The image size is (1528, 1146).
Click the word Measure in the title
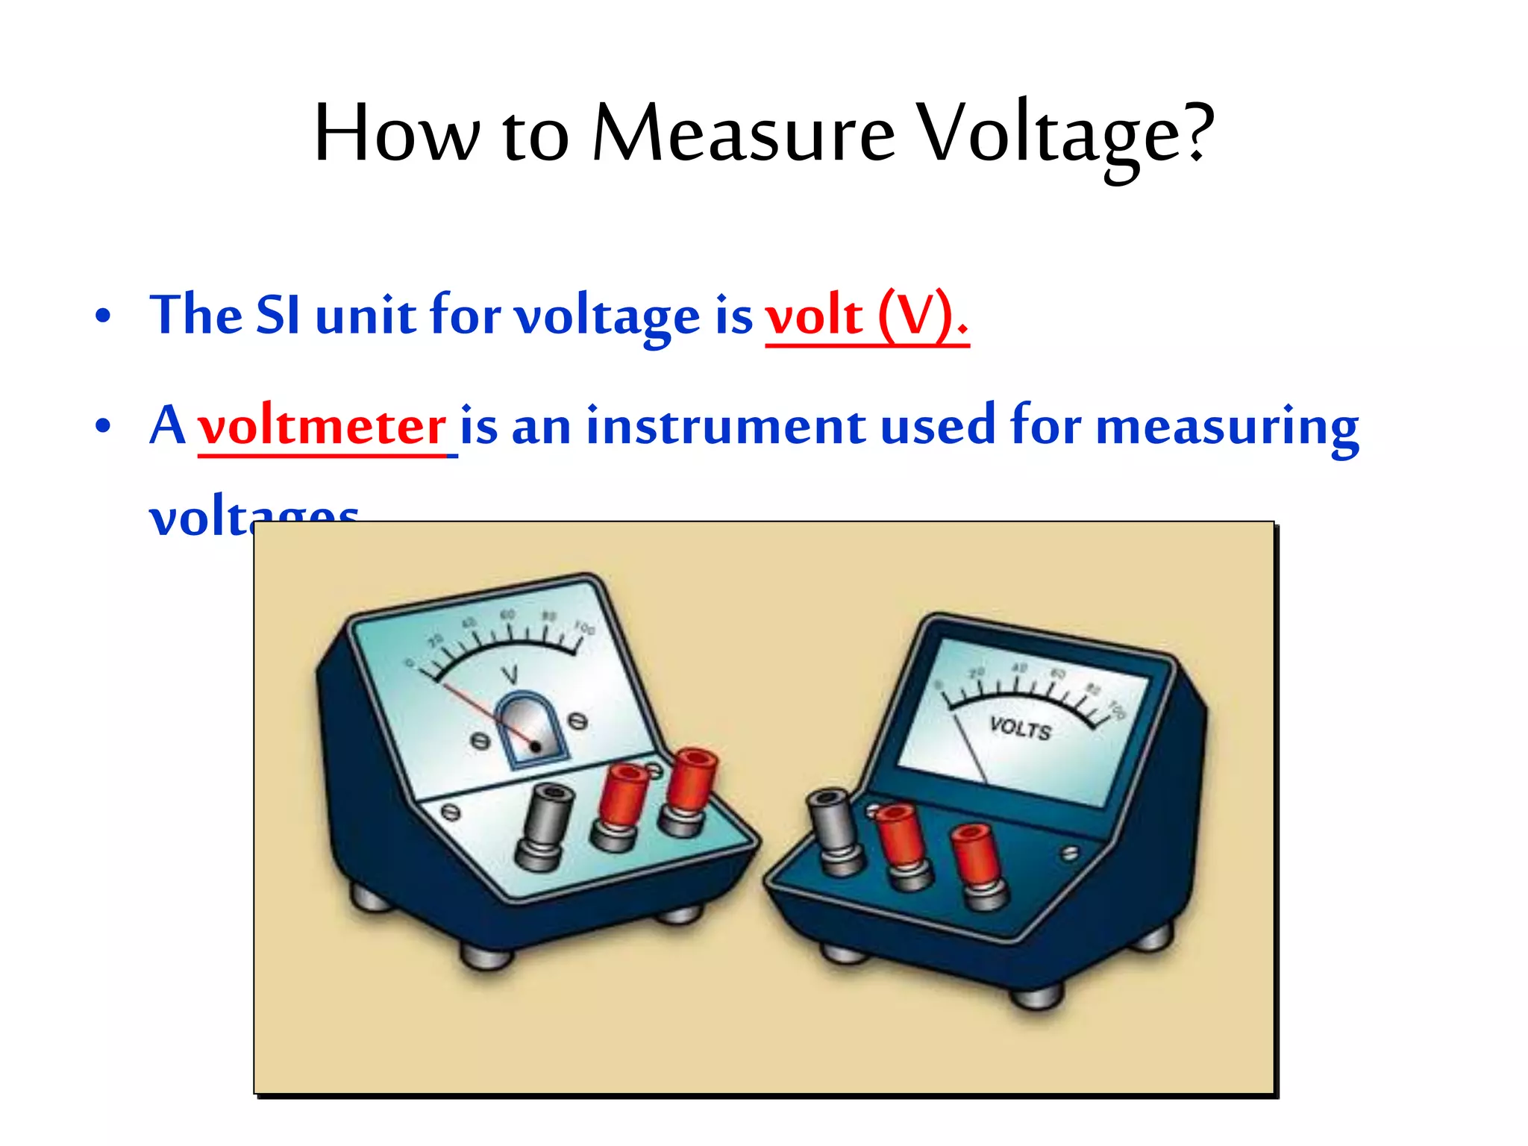pyautogui.click(x=742, y=133)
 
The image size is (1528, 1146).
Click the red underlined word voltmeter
pyautogui.click(x=322, y=426)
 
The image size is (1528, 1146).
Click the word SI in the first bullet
pyautogui.click(x=278, y=315)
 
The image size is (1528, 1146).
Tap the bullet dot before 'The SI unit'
pyautogui.click(x=103, y=316)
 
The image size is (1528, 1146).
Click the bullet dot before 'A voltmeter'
pyautogui.click(x=103, y=426)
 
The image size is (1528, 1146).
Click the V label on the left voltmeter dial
pyautogui.click(x=510, y=675)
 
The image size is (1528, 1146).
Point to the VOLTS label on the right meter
pyautogui.click(x=1020, y=728)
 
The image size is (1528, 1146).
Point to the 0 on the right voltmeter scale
pyautogui.click(x=939, y=683)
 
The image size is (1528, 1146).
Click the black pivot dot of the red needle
pyautogui.click(x=536, y=746)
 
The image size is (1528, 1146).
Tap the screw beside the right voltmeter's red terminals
pyautogui.click(x=1070, y=853)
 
